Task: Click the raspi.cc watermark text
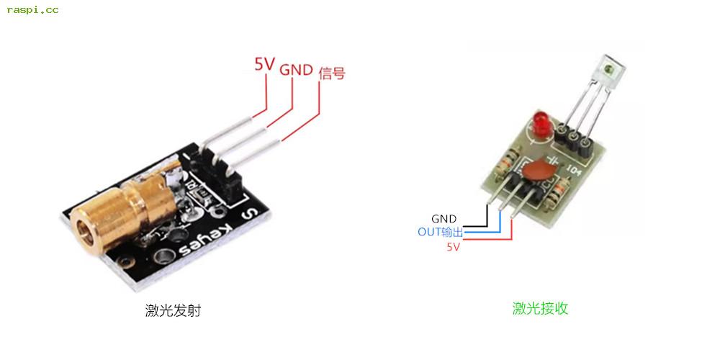tap(32, 10)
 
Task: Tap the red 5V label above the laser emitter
tap(264, 64)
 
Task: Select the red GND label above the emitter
tap(296, 71)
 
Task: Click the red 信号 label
tap(331, 73)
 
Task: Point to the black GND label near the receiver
tap(444, 219)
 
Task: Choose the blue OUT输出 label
tap(441, 232)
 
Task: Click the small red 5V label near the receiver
tap(453, 246)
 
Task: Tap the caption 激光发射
tap(173, 311)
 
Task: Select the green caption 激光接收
tap(540, 308)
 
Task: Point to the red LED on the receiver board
tap(543, 123)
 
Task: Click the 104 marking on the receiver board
tap(575, 172)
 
